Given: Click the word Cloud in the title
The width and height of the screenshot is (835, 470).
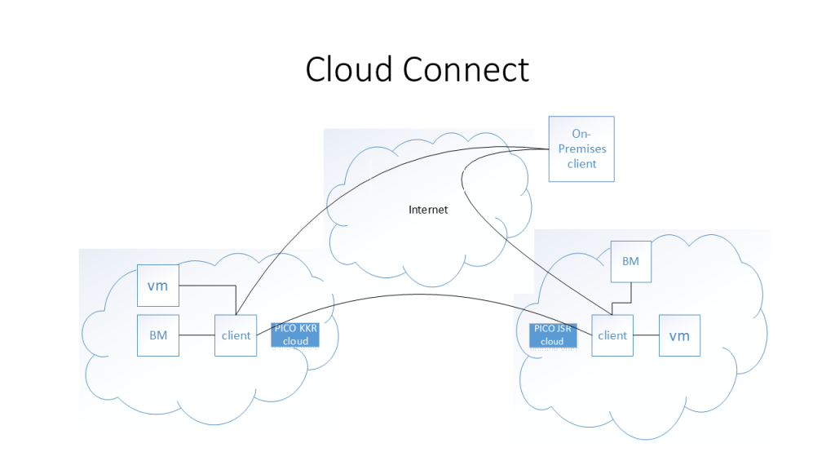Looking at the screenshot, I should [x=349, y=69].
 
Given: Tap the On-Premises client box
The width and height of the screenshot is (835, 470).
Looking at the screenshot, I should [x=581, y=149].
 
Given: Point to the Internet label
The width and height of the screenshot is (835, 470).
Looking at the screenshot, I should [x=428, y=210].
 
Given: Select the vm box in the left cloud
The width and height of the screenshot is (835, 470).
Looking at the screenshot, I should [x=157, y=286].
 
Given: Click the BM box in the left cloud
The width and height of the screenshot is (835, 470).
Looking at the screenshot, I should [x=157, y=335].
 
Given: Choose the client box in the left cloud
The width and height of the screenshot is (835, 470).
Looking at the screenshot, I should [x=236, y=335].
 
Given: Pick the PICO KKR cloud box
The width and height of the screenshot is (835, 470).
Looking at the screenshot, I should [x=295, y=335].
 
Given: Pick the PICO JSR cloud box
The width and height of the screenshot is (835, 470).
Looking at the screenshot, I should [x=552, y=335].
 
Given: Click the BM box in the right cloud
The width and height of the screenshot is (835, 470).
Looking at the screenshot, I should [x=630, y=261].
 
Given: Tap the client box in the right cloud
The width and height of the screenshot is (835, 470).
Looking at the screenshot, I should [x=612, y=335].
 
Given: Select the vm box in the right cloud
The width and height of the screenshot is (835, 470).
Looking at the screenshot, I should [x=679, y=335].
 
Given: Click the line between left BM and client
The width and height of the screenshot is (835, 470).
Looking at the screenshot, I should [x=197, y=335].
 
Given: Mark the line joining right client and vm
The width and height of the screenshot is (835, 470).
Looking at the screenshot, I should [x=646, y=335].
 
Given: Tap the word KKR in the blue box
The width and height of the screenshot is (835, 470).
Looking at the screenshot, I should [x=307, y=328].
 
